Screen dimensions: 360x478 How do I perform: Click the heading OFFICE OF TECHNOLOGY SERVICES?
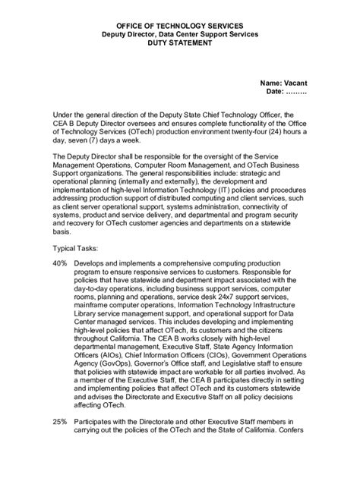click(181, 25)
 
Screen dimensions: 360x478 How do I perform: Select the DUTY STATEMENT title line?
click(181, 44)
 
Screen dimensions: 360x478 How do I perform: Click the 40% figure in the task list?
click(62, 262)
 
